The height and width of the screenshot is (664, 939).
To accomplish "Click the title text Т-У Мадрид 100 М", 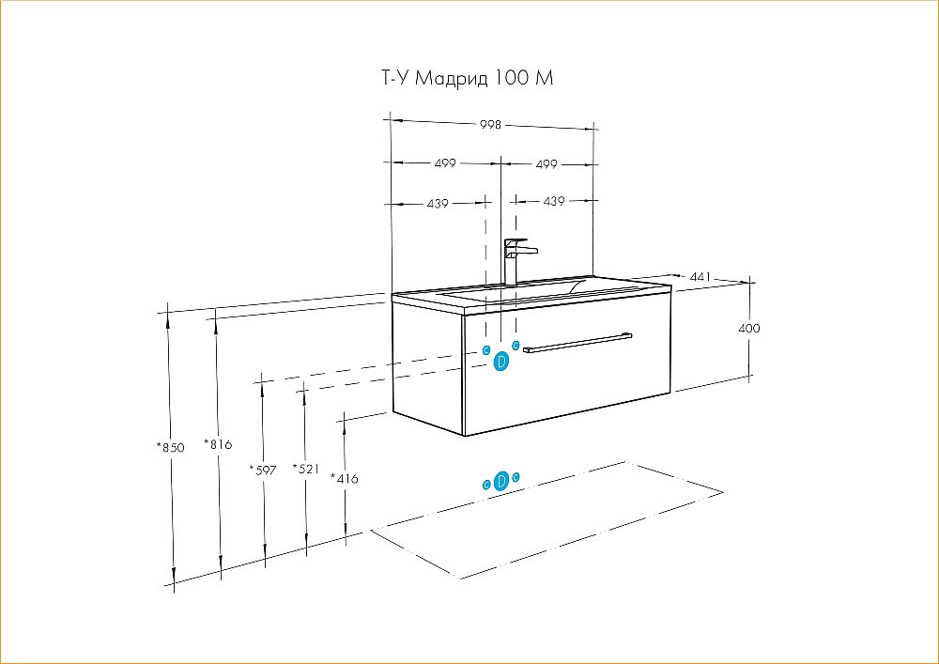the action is (467, 78).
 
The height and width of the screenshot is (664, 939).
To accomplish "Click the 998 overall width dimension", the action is (490, 125).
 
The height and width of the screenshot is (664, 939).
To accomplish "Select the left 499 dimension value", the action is (445, 162).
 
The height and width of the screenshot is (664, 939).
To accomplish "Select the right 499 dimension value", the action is (546, 164).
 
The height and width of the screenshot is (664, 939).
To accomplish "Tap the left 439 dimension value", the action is (438, 204).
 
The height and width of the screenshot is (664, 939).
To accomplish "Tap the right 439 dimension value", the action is (554, 202).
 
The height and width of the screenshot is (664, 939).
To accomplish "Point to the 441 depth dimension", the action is (700, 277).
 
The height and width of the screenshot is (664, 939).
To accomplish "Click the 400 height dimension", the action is (749, 328).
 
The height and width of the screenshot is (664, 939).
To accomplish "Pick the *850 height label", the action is (170, 447).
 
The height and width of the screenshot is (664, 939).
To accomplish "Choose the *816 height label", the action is (218, 444).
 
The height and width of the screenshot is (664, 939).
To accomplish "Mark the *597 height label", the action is (263, 470).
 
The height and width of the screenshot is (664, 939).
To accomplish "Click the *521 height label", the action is (306, 469).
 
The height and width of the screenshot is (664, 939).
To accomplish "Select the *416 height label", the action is (345, 478).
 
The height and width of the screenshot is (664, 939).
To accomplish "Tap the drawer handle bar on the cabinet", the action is (577, 342).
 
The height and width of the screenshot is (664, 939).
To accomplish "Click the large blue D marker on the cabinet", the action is (501, 362).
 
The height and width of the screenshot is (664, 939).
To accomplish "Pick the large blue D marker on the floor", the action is (502, 480).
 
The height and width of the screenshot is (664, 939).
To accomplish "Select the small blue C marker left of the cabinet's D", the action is (486, 350).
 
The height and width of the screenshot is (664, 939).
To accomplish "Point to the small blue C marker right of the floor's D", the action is (516, 477).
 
